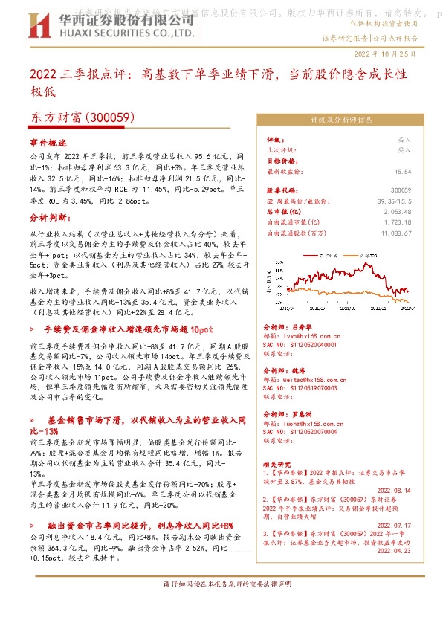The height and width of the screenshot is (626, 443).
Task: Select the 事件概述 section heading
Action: click(x=48, y=141)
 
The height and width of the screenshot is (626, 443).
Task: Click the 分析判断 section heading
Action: click(x=48, y=219)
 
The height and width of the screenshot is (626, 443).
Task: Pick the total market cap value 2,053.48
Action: click(x=398, y=211)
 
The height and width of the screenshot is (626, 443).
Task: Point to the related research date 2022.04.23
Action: click(x=392, y=551)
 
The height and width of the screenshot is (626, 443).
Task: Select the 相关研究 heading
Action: click(x=279, y=463)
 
